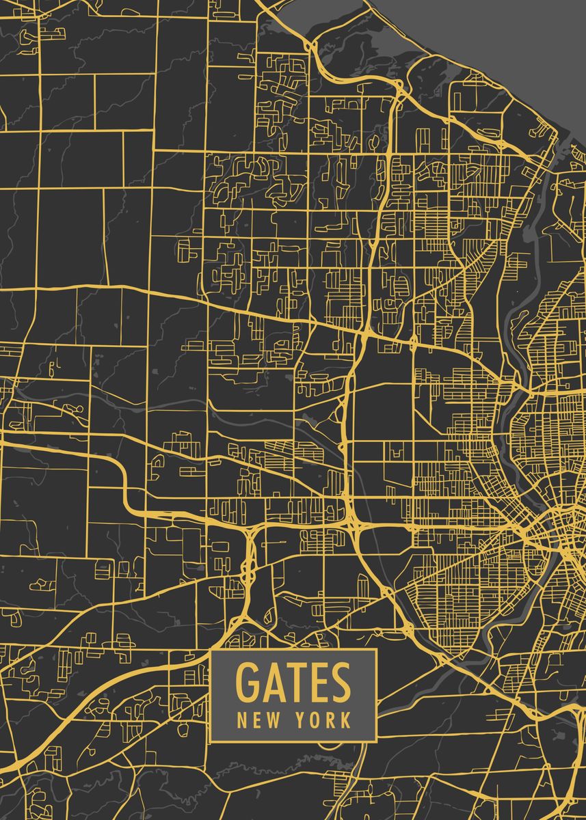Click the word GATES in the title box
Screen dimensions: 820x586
point(293,682)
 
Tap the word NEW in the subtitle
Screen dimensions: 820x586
point(256,720)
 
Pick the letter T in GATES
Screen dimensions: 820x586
point(294,682)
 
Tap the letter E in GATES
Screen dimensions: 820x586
point(316,682)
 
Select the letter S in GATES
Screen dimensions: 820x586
point(339,682)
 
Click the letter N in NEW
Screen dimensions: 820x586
point(242,720)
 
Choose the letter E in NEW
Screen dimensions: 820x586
point(256,720)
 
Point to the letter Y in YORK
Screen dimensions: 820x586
point(302,720)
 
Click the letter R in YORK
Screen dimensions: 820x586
point(332,720)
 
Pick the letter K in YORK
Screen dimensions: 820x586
point(346,720)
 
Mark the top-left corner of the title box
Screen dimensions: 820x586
point(211,650)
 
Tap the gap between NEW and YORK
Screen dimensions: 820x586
point(287,720)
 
